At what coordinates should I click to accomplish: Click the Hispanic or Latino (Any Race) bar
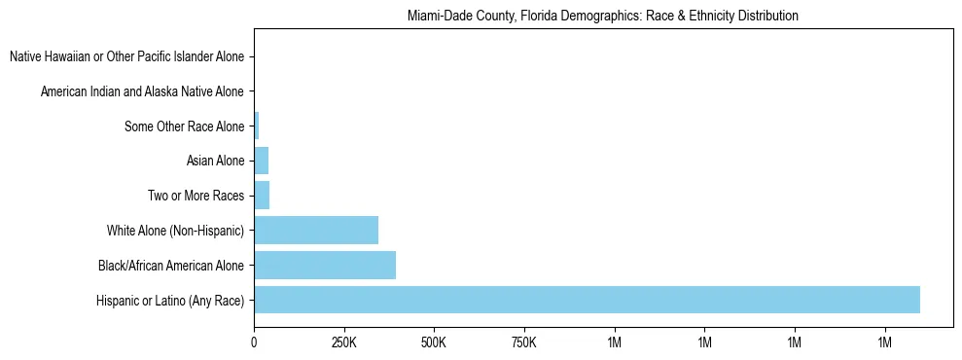[x=587, y=300]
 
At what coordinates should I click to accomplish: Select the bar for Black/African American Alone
[x=325, y=265]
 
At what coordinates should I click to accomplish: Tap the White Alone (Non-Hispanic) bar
[x=316, y=231]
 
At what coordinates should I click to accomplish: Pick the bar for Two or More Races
[x=262, y=196]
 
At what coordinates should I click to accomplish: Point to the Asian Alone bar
[x=261, y=161]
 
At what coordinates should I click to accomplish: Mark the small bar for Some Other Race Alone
[x=256, y=126]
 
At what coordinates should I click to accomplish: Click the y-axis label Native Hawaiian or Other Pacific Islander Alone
[x=126, y=57]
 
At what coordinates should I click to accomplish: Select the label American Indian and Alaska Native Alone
[x=142, y=92]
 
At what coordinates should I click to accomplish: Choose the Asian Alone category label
[x=215, y=162]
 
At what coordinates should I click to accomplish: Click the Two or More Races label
[x=196, y=197]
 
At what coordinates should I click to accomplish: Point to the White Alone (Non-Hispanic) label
[x=175, y=231]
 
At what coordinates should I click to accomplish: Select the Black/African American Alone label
[x=171, y=266]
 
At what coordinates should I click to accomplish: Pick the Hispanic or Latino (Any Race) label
[x=170, y=301]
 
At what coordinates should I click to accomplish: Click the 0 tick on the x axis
[x=254, y=342]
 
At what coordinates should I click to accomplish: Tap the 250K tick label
[x=343, y=342]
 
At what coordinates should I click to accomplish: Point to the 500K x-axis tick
[x=434, y=342]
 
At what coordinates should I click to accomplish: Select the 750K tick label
[x=523, y=342]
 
